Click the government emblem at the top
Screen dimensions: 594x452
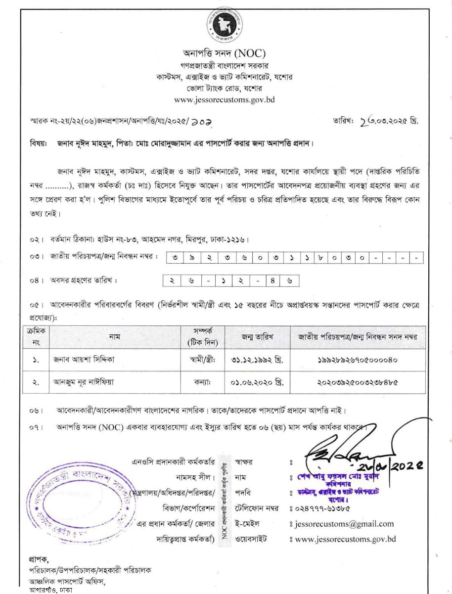pos(226,25)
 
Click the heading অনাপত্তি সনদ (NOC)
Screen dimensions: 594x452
pos(226,54)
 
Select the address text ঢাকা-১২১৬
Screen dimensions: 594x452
pos(227,240)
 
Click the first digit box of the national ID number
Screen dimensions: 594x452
pos(177,258)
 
